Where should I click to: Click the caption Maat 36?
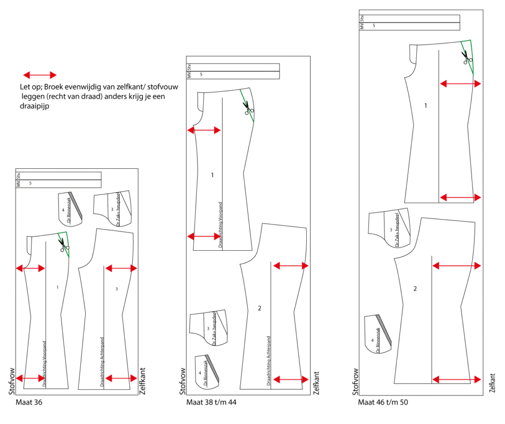(29, 402)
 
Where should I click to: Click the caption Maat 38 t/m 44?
(211, 402)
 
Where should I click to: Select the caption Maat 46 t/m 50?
(383, 402)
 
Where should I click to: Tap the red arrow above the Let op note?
(40, 75)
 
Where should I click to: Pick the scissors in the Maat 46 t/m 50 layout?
(467, 57)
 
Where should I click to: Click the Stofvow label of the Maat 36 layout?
(11, 381)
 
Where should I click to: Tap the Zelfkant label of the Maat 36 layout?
(143, 381)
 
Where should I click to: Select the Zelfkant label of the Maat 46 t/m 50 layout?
(492, 383)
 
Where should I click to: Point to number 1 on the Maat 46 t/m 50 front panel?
(426, 105)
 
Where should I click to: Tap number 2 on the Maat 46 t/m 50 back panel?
(415, 288)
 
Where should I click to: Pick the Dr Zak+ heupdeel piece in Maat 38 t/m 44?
(209, 328)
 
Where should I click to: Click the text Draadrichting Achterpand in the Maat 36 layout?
(102, 362)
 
